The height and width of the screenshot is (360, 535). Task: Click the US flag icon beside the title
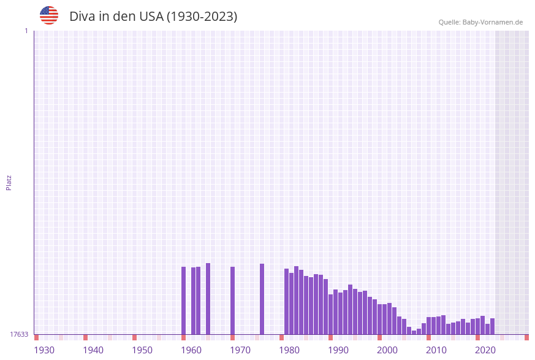click(x=49, y=15)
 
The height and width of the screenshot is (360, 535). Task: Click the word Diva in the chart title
click(x=82, y=17)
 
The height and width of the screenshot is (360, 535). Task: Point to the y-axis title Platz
click(x=9, y=183)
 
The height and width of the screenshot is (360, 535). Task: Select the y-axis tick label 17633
click(x=19, y=334)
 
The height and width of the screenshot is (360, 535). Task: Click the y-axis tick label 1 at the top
click(x=26, y=31)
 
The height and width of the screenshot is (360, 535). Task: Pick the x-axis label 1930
click(x=44, y=350)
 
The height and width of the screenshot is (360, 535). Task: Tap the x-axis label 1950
click(x=142, y=350)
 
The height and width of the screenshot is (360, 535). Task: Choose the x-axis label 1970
click(x=240, y=350)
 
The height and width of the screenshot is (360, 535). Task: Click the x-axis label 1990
click(x=338, y=350)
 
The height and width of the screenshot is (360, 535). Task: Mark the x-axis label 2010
click(x=436, y=350)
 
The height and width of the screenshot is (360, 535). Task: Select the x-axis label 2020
click(x=485, y=350)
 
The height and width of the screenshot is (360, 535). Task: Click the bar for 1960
click(x=183, y=301)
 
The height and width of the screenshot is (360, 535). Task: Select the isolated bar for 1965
click(x=208, y=299)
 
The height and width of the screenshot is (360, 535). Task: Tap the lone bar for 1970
click(x=232, y=301)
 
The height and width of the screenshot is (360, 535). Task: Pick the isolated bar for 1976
click(x=262, y=299)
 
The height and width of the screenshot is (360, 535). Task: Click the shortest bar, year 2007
click(x=414, y=332)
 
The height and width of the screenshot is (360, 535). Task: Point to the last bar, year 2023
click(x=492, y=326)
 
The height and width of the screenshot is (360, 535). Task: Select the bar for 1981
click(x=291, y=304)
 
